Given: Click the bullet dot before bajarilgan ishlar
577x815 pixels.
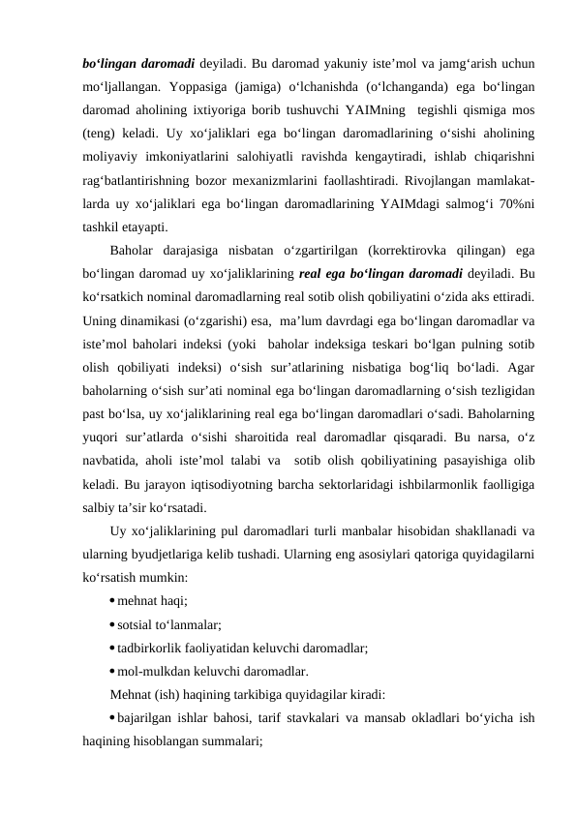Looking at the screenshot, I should pos(112,717).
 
